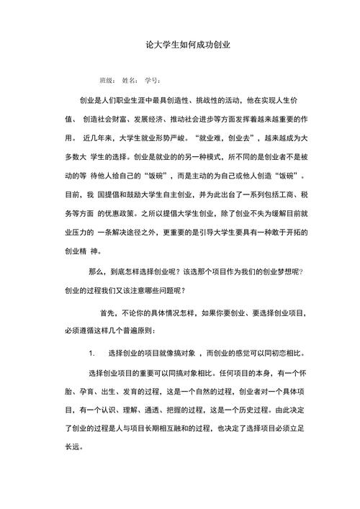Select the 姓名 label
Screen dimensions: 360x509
[x=130, y=80]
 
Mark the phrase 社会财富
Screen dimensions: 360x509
[x=120, y=118]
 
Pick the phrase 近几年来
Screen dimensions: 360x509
[x=100, y=137]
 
